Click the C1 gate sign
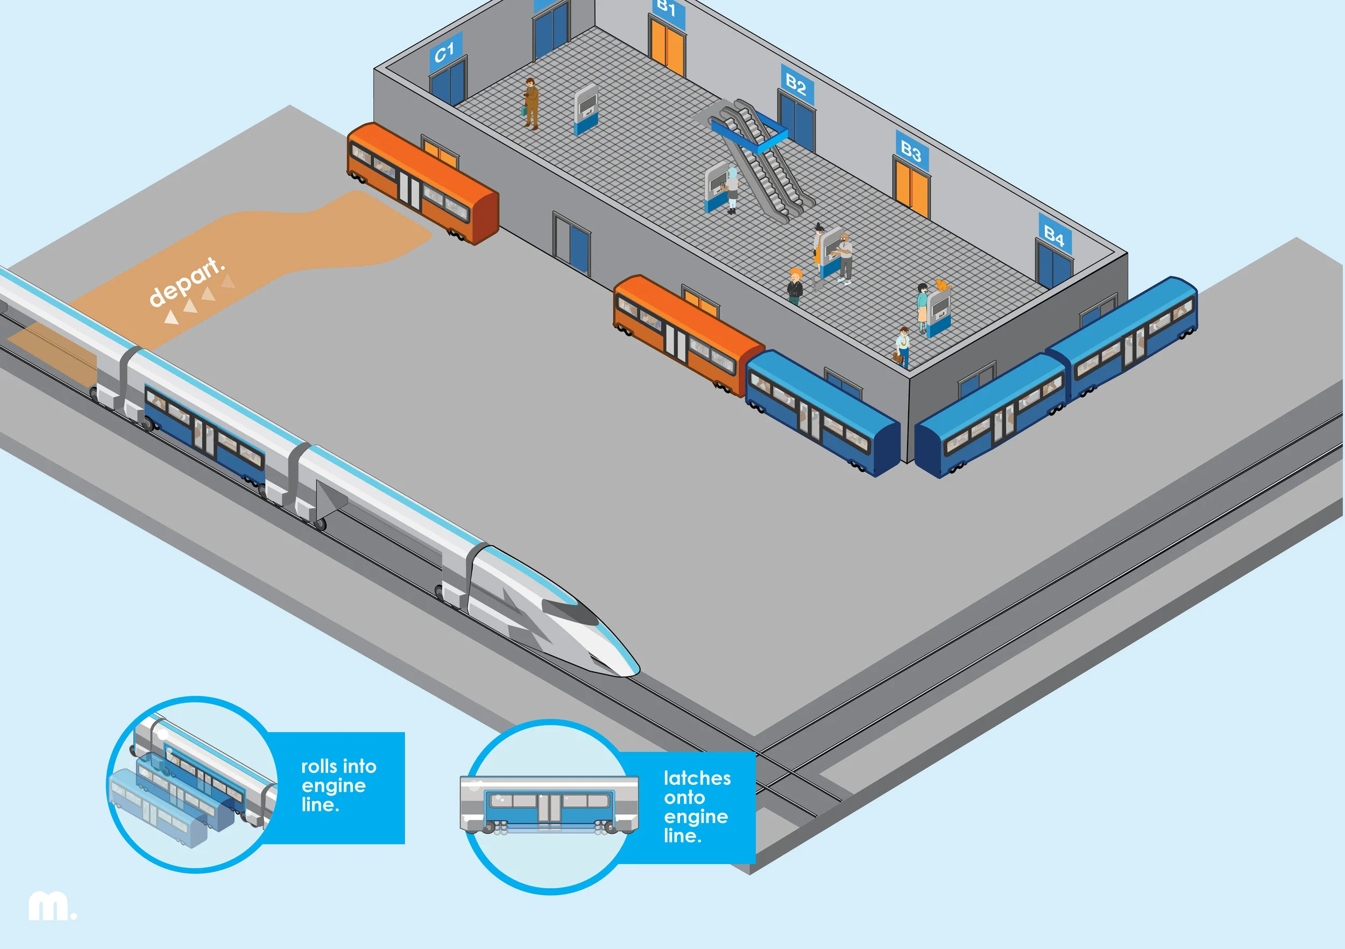click(x=445, y=53)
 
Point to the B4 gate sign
click(x=1054, y=236)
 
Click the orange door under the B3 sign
click(x=911, y=189)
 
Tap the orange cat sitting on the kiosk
click(x=941, y=285)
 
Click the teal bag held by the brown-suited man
click(x=523, y=111)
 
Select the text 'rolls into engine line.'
click(x=338, y=785)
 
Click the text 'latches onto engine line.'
click(x=697, y=806)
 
